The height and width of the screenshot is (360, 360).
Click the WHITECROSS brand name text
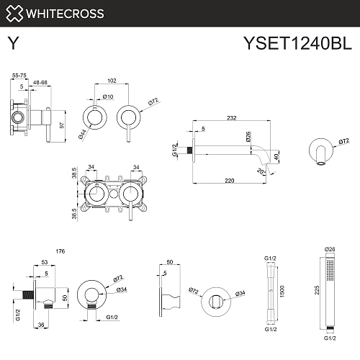[x=66, y=13]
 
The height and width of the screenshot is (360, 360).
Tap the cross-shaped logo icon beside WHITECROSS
[x=14, y=13]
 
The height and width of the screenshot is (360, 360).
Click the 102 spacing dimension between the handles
[x=111, y=81]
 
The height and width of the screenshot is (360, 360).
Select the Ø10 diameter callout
[x=109, y=96]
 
